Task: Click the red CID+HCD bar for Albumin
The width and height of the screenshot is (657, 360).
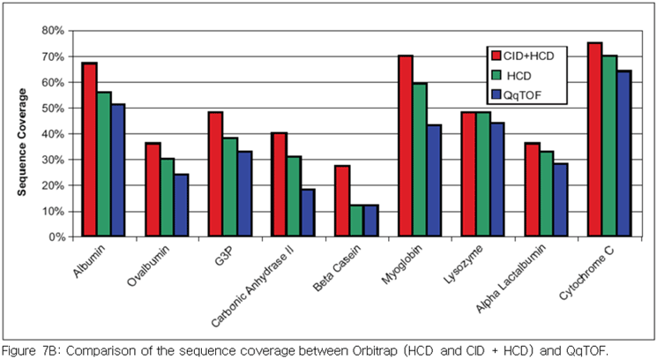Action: click(90, 150)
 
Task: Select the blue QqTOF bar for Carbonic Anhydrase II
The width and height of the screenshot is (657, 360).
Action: click(308, 213)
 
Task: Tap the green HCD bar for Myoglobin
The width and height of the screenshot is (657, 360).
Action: click(420, 160)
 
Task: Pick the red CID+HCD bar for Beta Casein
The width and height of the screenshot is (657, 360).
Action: click(342, 201)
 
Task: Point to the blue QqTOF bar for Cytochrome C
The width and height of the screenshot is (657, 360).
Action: click(623, 154)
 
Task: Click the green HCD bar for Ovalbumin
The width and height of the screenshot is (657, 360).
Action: click(168, 198)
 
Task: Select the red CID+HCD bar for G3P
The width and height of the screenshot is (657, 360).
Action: click(215, 175)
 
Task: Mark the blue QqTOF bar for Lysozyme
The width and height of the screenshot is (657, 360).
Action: click(497, 179)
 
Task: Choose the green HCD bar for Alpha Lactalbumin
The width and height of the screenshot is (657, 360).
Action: click(547, 194)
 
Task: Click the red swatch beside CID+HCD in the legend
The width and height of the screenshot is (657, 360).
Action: click(496, 56)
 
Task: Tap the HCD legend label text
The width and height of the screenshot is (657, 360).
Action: click(519, 76)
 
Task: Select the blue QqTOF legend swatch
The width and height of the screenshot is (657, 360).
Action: click(496, 95)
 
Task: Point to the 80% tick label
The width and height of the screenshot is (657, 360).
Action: click(53, 31)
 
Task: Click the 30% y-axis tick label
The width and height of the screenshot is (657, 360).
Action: click(53, 160)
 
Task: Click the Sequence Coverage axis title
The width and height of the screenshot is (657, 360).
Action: click(22, 142)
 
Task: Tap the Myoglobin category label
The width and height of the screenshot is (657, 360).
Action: click(401, 265)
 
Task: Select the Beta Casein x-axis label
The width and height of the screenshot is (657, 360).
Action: click(337, 268)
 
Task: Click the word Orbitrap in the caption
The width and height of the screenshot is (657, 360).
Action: click(374, 350)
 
